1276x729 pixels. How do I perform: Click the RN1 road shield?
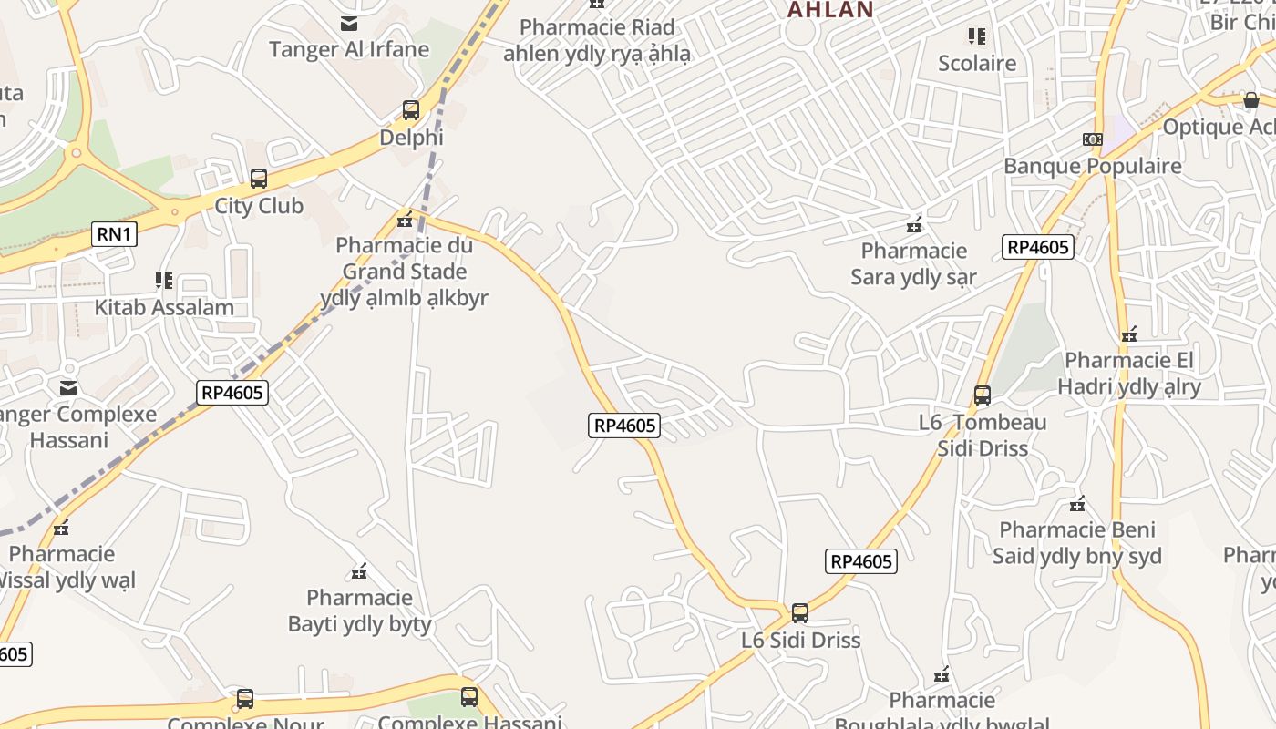coord(115,235)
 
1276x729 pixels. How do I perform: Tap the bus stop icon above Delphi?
coord(411,110)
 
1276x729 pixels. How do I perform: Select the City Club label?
coord(259,206)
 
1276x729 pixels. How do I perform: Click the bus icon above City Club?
coord(259,179)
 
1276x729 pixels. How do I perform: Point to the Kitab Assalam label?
coord(164,307)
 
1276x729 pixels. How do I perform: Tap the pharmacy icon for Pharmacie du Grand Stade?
coord(405,220)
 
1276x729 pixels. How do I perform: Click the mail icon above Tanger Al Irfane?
coord(349,24)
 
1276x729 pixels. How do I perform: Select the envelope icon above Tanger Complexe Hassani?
coord(68,388)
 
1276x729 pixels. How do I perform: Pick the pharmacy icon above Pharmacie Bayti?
coord(359,571)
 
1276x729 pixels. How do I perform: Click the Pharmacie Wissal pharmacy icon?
coord(61,528)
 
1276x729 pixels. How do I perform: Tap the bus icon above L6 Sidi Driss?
coord(800,613)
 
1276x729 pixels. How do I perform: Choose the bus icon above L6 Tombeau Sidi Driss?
coord(983,395)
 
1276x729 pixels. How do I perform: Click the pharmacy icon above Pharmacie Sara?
coord(914,224)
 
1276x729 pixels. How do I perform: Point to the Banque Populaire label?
coord(1092,166)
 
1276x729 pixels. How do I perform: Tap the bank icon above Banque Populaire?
coord(1092,139)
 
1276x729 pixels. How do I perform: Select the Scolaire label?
coord(977,63)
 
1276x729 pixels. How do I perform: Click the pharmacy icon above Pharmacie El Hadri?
coord(1130,334)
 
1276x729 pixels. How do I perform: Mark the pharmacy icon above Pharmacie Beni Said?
coord(1077,504)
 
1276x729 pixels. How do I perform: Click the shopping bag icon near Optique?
coord(1251,100)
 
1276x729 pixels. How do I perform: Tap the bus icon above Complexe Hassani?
coord(469,698)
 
